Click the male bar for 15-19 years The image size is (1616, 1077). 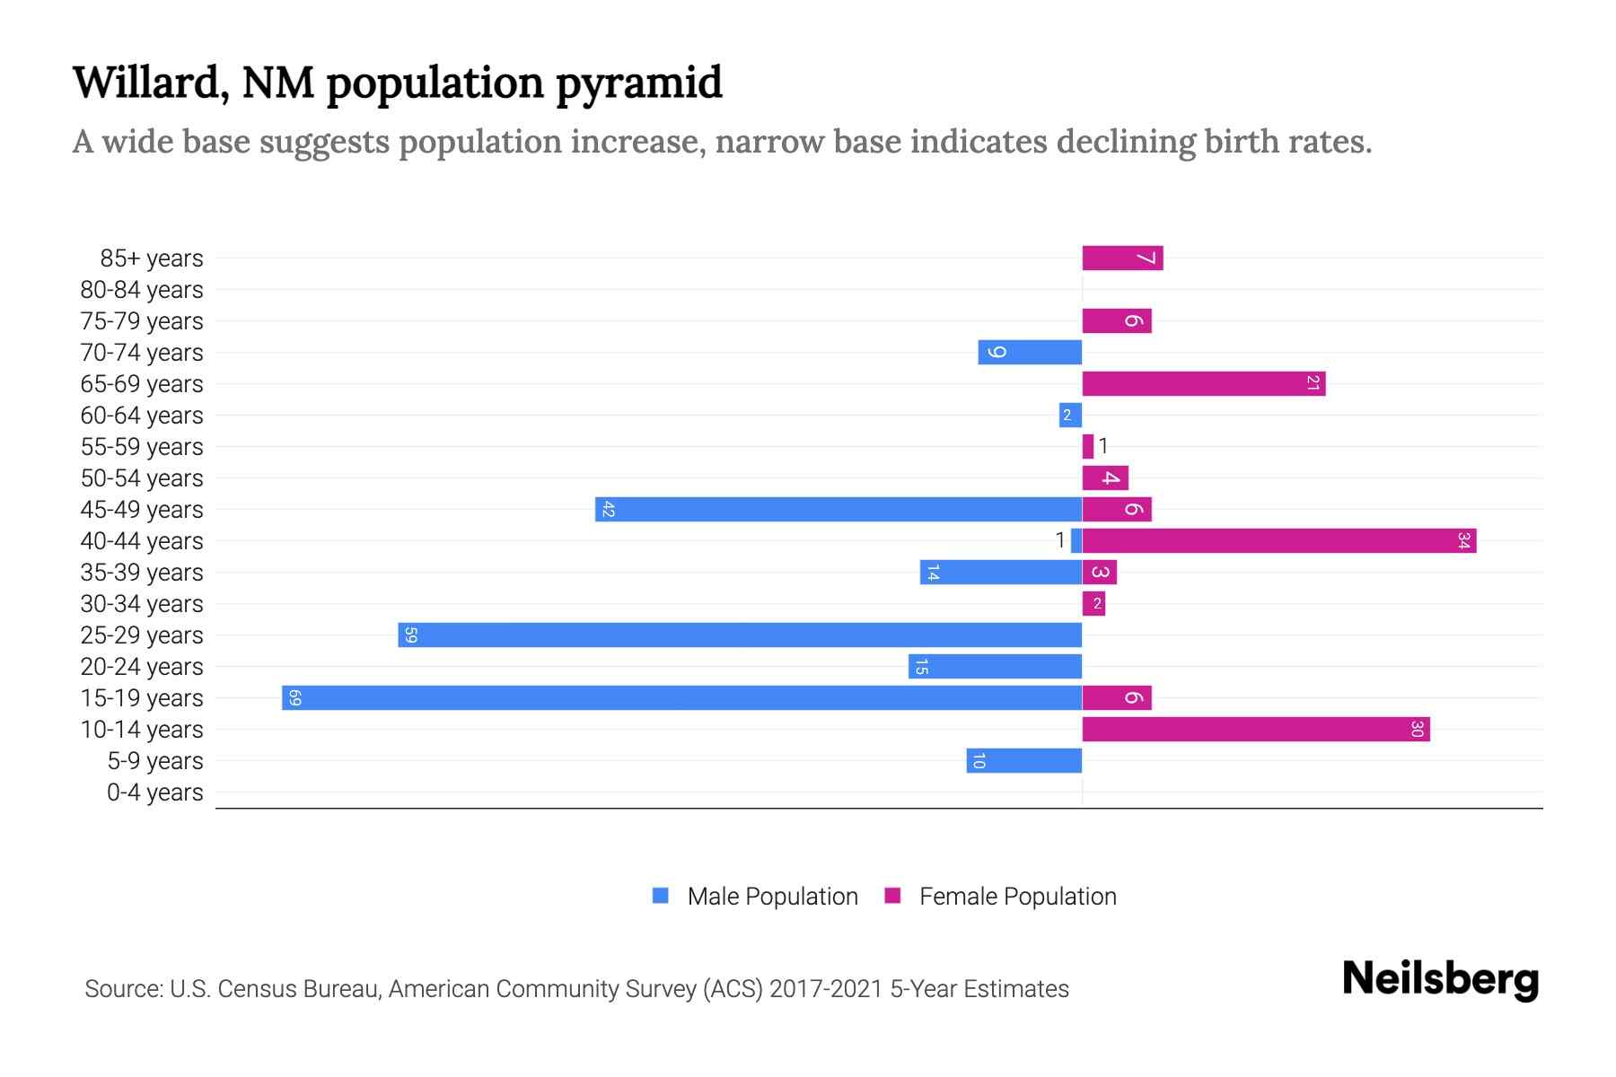[x=682, y=697]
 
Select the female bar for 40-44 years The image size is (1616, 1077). [x=1279, y=540]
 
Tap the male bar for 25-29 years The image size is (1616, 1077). [x=741, y=635]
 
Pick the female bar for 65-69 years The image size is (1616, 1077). [x=1203, y=383]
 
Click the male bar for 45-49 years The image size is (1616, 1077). [x=839, y=509]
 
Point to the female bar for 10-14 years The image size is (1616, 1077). [x=1255, y=729]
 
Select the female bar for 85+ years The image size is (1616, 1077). [x=1122, y=258]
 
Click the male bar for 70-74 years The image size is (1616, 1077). [x=1030, y=352]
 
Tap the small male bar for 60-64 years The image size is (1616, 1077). [x=1070, y=415]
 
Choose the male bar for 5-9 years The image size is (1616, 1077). [x=1023, y=760]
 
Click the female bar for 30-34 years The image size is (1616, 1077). [x=1093, y=603]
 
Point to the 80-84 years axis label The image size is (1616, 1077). [x=142, y=290]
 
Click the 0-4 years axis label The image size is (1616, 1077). [x=154, y=792]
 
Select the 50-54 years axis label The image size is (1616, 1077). [x=142, y=478]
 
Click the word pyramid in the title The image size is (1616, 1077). [x=638, y=83]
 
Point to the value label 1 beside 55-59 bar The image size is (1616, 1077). [x=1103, y=445]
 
